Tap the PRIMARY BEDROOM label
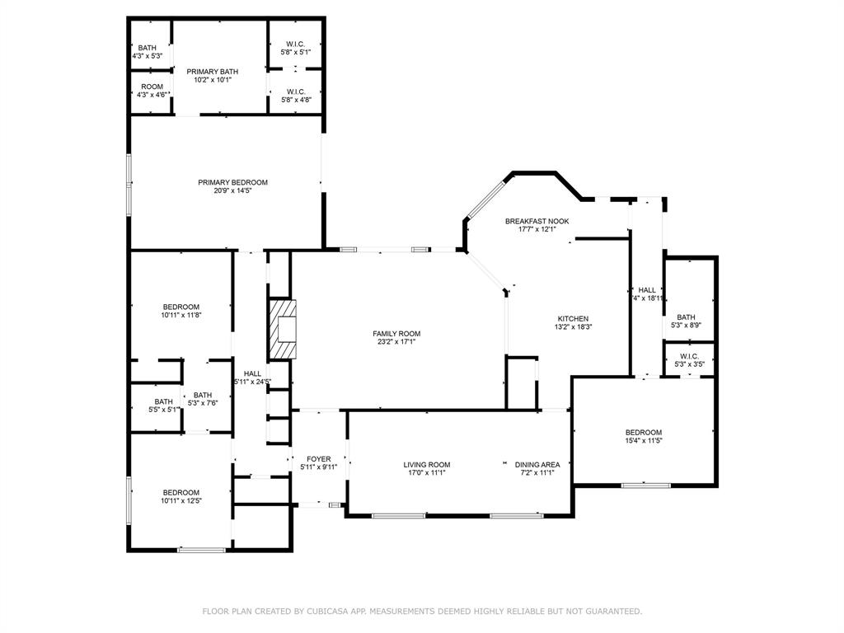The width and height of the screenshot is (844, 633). click(232, 182)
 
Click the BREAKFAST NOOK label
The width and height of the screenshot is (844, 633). click(537, 221)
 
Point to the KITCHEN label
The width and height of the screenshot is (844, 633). click(573, 318)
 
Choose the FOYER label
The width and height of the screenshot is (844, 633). click(318, 459)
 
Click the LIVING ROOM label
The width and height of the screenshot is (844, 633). click(426, 464)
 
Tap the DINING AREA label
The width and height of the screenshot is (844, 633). click(537, 464)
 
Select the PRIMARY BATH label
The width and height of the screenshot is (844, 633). click(212, 72)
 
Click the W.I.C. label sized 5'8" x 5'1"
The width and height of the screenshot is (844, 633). click(296, 43)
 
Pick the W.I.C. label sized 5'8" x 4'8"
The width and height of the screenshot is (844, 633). click(296, 91)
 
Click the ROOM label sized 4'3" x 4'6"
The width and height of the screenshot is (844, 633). click(152, 87)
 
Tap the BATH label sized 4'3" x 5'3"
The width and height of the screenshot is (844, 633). click(148, 48)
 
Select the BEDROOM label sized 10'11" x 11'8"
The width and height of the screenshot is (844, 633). click(181, 307)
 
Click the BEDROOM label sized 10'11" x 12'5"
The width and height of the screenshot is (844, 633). click(181, 492)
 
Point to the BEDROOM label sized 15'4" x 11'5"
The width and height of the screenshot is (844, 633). click(643, 433)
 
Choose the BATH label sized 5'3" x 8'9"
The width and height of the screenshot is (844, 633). click(686, 317)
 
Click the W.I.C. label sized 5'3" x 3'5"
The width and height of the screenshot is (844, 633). click(689, 356)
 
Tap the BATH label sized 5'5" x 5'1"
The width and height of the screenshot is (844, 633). click(163, 401)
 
